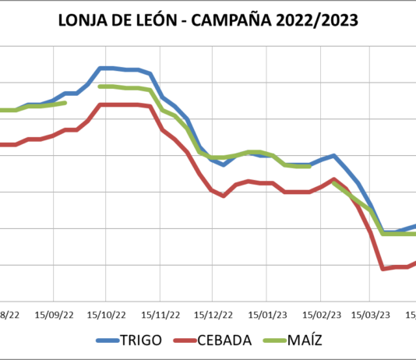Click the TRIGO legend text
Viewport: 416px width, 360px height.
(x=141, y=340)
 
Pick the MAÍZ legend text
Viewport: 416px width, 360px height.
(x=305, y=340)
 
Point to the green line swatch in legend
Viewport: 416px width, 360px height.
(x=272, y=341)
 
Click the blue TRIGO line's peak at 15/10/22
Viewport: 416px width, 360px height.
(x=107, y=68)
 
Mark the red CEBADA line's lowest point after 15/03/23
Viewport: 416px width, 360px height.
(x=383, y=269)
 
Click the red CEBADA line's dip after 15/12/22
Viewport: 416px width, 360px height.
(x=224, y=196)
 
